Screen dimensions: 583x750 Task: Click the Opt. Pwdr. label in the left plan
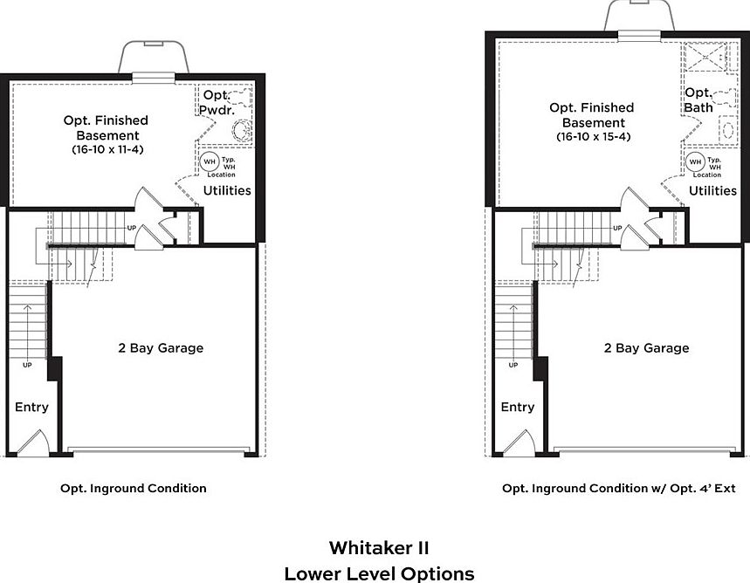point(216,103)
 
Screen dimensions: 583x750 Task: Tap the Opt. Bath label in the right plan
point(698,99)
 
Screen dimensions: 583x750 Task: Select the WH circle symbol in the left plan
point(210,162)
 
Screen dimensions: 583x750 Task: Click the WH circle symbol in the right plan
point(696,162)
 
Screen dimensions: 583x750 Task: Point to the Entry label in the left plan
point(31,408)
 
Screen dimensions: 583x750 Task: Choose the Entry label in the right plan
point(518,408)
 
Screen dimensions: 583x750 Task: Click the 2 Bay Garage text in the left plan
point(161,348)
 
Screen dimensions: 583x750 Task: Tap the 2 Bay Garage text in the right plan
point(646,348)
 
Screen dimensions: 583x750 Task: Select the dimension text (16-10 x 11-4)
point(107,150)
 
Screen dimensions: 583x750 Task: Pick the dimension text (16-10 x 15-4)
point(593,137)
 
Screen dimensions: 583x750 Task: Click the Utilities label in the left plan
point(227,190)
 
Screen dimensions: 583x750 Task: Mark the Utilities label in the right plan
point(713,190)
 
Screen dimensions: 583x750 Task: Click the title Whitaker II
point(379,548)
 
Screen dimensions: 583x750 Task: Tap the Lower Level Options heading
point(379,573)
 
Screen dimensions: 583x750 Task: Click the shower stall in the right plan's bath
point(705,58)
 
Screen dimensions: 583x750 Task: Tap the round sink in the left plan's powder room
point(241,132)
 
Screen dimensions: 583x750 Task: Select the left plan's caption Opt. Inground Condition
point(134,489)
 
